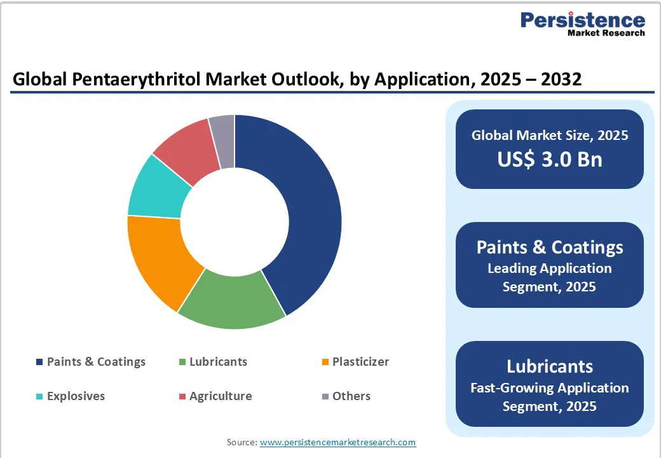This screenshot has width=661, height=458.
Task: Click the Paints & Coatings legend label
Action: [96, 362]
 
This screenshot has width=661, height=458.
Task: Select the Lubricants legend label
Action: [218, 362]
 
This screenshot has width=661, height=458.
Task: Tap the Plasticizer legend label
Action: [360, 362]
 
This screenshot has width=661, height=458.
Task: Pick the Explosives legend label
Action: [76, 396]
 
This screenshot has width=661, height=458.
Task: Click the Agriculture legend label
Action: [221, 396]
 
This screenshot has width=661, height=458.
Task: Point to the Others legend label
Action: [351, 396]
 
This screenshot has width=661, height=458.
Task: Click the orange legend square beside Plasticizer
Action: [325, 363]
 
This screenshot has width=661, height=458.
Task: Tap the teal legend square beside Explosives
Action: [40, 397]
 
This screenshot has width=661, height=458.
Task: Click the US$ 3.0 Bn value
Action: [549, 159]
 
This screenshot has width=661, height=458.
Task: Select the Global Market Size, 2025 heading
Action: [549, 135]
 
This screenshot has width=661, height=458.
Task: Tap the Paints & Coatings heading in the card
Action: [549, 247]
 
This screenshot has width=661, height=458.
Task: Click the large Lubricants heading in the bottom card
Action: [549, 366]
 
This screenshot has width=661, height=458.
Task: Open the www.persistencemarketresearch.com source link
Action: [337, 442]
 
